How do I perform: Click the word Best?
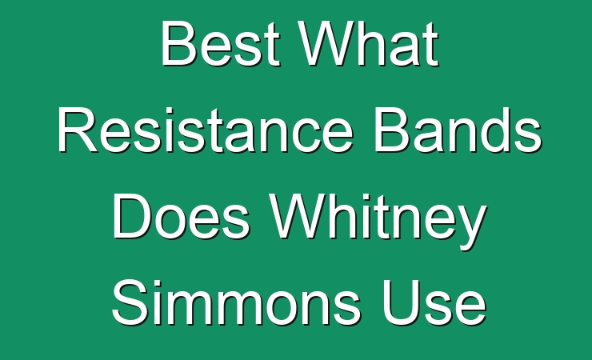221,43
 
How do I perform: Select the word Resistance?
206,130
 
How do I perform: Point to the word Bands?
458,130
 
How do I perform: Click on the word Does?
182,217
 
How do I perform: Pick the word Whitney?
378,221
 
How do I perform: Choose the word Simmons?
236,302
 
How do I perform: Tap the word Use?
434,303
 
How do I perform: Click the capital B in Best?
180,43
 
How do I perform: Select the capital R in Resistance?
78,130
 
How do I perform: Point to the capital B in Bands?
393,130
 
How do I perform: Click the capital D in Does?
132,217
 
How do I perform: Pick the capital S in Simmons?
130,302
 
